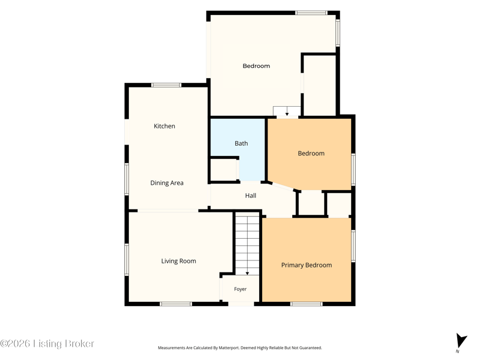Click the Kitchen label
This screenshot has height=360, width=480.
tap(164, 126)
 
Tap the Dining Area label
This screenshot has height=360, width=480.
tap(167, 183)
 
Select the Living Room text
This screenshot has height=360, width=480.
tap(178, 261)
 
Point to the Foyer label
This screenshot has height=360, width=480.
tap(241, 289)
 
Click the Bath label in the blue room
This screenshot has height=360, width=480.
tap(241, 143)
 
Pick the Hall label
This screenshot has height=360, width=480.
tap(251, 196)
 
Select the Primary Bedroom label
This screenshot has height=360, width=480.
tap(307, 265)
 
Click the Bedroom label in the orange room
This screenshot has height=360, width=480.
tap(311, 154)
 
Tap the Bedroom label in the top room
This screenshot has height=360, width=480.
tap(256, 66)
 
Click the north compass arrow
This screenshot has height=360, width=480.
tap(461, 341)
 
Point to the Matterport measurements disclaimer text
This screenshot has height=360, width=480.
tap(239, 348)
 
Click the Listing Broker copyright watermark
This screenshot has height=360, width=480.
tap(47, 344)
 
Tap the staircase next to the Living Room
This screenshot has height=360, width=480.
tap(247, 244)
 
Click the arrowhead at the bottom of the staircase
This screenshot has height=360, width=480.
tap(247, 273)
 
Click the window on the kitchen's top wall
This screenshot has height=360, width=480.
tap(166, 85)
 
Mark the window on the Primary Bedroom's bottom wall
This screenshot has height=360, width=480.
tap(306, 304)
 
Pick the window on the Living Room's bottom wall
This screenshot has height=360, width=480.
tap(176, 304)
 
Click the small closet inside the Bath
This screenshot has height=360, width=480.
tap(224, 170)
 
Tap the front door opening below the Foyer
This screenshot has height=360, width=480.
tap(241, 304)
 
